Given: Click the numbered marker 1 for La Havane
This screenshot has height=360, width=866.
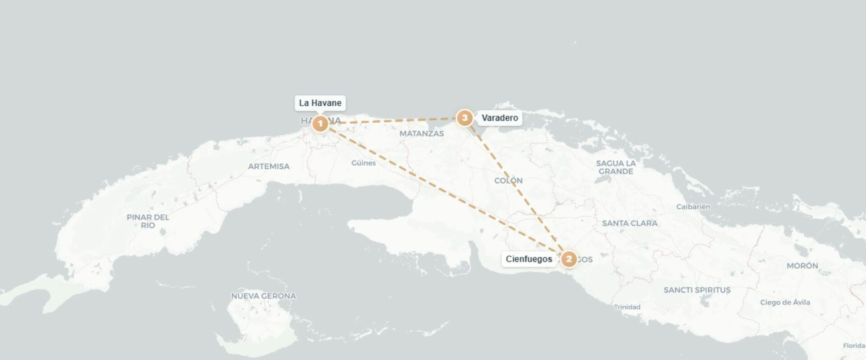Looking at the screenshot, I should coord(320,123).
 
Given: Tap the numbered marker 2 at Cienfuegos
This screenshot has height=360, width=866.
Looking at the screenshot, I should coord(569,259).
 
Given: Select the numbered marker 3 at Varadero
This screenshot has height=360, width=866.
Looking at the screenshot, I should coord(465,118).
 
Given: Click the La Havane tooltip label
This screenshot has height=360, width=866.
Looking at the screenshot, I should coord(320,103).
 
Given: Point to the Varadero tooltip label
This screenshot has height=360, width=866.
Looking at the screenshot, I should coord(499,118).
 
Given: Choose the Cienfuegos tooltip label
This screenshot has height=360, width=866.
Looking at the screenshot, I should coord(529,259).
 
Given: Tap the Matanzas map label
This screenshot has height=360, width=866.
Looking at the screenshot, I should coord(422,134).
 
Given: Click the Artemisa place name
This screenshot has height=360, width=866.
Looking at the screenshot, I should coord(269,166).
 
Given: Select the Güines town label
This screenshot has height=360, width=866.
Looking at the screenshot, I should coord(364,163).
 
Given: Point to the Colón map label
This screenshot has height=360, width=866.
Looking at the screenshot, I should coord(508,180).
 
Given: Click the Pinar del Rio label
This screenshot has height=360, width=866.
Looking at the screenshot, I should coord(148,221).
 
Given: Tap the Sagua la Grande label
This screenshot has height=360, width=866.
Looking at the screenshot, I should coord(616,167).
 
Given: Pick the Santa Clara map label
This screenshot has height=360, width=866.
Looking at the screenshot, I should coord(630,223).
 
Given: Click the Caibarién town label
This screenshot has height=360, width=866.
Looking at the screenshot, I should coord(693,207).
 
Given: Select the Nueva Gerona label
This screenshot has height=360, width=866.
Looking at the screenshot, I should coord(263,296).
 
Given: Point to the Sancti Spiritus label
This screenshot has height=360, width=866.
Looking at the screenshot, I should coord(697,290).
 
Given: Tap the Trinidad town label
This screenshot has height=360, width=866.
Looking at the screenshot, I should coord(627,307).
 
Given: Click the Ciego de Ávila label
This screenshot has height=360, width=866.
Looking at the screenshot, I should coord(785,302).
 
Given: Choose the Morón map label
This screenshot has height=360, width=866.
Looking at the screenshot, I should coord(802,266).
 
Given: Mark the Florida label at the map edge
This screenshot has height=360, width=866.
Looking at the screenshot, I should coord(854,346).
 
